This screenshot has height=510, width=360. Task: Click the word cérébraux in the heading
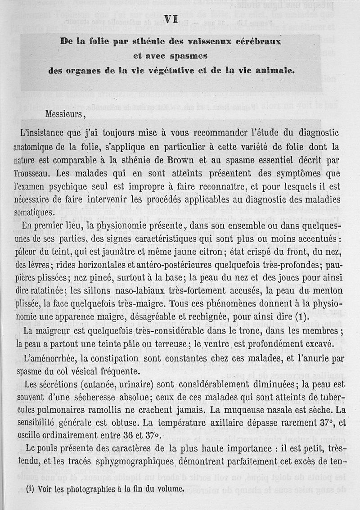[x=254, y=41]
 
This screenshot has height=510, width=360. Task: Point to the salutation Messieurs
[x=65, y=113]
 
